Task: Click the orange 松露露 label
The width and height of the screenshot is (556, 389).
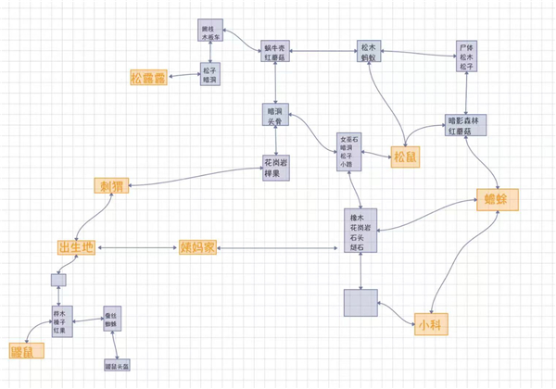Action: pyautogui.click(x=148, y=78)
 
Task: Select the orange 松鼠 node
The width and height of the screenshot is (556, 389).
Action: pyautogui.click(x=405, y=157)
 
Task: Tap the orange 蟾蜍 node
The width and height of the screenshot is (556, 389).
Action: pyautogui.click(x=498, y=199)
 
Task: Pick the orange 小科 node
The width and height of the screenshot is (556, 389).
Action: pyautogui.click(x=427, y=324)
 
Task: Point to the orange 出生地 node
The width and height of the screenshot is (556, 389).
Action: pyautogui.click(x=76, y=247)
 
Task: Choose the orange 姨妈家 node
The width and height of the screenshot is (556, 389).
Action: pyautogui.click(x=197, y=247)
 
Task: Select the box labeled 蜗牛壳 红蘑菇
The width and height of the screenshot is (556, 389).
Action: pyautogui.click(x=277, y=51)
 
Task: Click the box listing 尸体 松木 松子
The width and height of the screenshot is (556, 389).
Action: pyautogui.click(x=466, y=56)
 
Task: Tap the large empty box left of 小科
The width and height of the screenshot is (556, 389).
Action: pyautogui.click(x=360, y=305)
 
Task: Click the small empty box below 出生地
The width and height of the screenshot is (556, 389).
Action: pyautogui.click(x=58, y=280)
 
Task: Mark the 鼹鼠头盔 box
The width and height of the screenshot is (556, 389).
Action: pyautogui.click(x=118, y=367)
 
